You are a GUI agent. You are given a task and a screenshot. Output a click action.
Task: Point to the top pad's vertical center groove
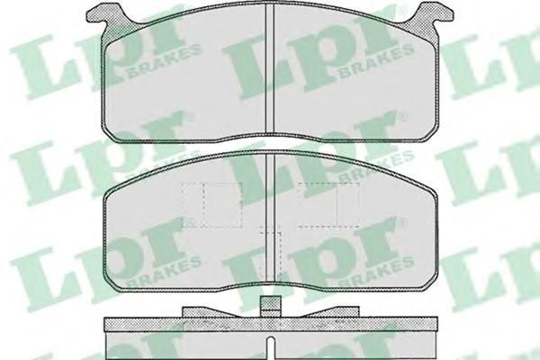pos(270,69)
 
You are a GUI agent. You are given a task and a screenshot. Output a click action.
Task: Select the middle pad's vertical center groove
pos(270,217)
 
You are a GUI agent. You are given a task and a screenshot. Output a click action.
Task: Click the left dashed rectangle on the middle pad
pos(211,205)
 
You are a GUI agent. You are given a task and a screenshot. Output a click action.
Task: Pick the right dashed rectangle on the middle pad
pos(328,205)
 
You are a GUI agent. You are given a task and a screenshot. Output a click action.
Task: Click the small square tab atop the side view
pos(271,306)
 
